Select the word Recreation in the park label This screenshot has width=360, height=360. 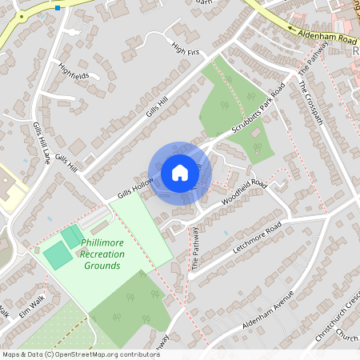click(x=102, y=254)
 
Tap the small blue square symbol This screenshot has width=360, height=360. click(x=58, y=8)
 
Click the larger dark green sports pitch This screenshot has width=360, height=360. click(x=58, y=255)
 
